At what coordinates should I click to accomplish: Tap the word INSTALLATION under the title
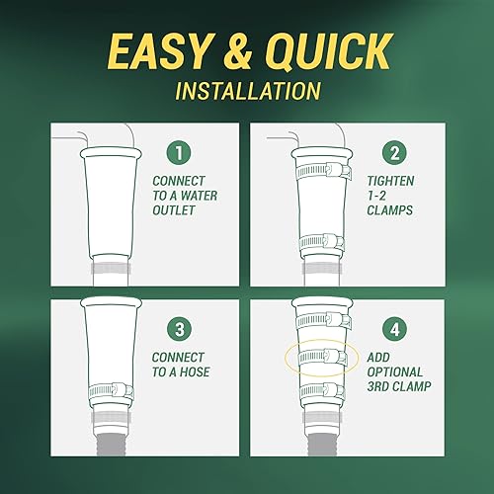pyautogui.click(x=246, y=90)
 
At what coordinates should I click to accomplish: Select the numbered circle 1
pyautogui.click(x=180, y=154)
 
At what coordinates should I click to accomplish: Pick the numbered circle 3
pyautogui.click(x=180, y=326)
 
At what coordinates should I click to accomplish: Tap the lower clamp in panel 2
pyautogui.click(x=320, y=239)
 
